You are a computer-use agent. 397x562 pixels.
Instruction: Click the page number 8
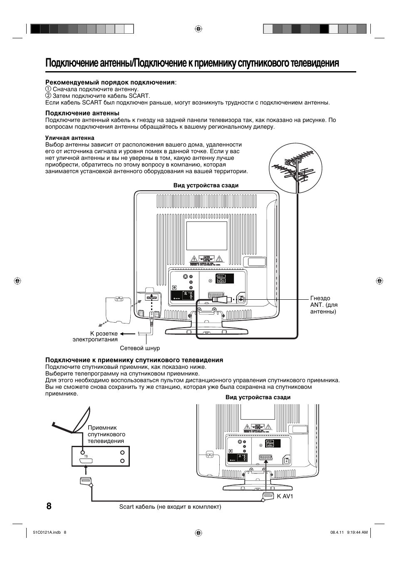49,506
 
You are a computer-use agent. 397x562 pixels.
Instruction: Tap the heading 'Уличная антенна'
69,138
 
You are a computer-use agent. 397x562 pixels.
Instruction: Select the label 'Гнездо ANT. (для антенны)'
323,305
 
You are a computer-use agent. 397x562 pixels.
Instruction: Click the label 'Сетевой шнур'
140,348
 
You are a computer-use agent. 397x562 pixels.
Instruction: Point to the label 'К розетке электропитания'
95,336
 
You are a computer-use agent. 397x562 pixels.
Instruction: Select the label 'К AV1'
285,496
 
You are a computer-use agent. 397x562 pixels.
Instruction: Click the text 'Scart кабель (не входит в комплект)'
170,507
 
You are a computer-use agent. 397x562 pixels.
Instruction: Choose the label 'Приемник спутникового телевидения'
106,434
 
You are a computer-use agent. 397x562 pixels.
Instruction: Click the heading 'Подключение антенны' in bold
82,113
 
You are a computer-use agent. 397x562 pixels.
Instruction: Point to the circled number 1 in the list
48,89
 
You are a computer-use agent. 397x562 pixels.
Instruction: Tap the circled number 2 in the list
48,96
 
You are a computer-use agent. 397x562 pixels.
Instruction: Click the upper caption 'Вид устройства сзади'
206,185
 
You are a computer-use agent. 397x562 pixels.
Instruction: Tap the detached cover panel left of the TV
119,309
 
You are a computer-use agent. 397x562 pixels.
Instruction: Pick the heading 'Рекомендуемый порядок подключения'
110,82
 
